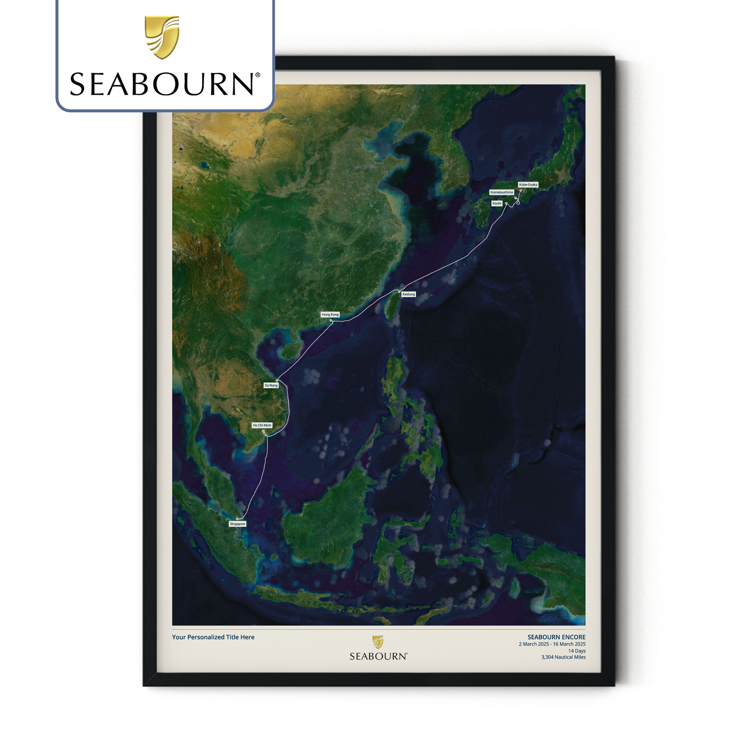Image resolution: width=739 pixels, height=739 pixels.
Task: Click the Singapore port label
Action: click(237, 524)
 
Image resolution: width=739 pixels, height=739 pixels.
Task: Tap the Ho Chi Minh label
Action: click(262, 425)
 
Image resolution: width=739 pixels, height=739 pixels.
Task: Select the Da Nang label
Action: click(271, 385)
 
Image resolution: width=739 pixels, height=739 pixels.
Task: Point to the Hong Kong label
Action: click(330, 315)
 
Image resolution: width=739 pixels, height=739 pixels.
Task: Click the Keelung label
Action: click(409, 294)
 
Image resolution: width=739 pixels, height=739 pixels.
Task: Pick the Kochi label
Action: click(497, 204)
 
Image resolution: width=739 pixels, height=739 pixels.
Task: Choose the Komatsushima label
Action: click(502, 192)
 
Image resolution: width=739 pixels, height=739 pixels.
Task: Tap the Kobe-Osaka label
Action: click(528, 185)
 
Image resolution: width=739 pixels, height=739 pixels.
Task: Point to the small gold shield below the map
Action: click(378, 642)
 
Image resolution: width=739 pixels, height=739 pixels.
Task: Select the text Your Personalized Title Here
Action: click(213, 637)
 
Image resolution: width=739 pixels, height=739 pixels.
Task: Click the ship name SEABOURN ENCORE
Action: click(556, 637)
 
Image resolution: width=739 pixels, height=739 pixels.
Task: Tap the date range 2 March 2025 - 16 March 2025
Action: click(552, 644)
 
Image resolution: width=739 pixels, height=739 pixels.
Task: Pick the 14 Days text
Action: click(577, 651)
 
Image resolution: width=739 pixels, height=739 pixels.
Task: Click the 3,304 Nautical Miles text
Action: click(563, 657)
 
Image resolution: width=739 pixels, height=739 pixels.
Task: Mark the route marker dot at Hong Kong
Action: click(331, 321)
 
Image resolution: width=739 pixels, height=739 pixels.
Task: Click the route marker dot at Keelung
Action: click(399, 292)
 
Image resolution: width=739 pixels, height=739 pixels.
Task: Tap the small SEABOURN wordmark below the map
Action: click(378, 656)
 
